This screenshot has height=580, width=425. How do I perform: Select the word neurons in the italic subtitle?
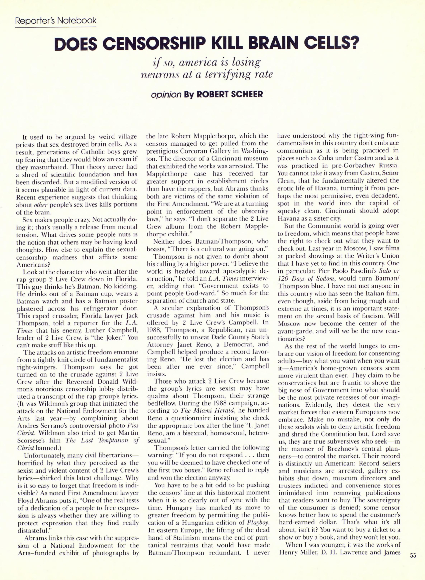159,75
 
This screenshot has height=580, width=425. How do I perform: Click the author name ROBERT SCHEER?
230,94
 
